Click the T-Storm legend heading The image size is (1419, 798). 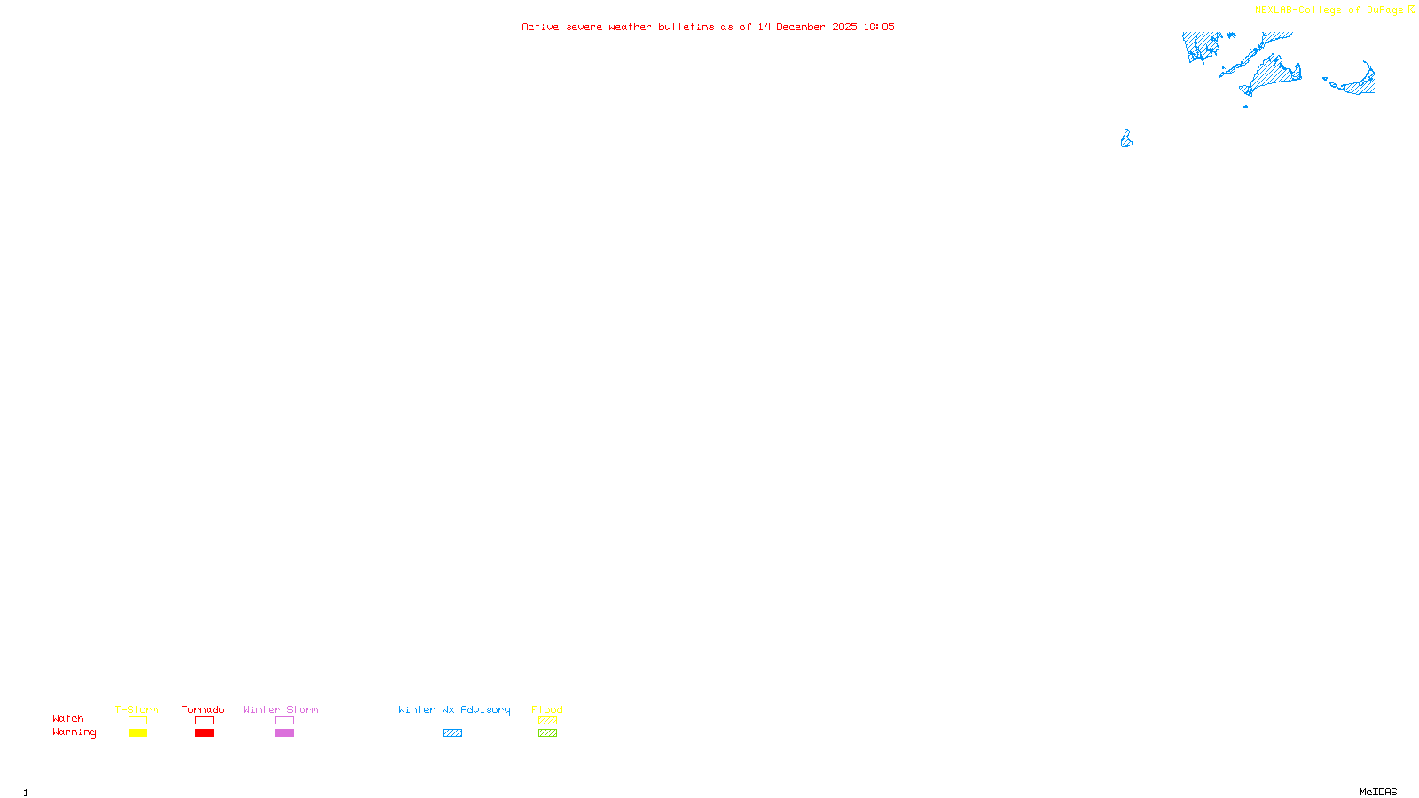(x=137, y=709)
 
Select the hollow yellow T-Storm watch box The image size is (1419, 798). (x=137, y=721)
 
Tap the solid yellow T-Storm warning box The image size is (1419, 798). (x=137, y=733)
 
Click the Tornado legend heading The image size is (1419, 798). (x=203, y=709)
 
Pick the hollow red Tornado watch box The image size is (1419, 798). (x=204, y=721)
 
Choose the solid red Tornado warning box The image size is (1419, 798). (x=204, y=733)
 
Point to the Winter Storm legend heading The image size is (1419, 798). (x=280, y=709)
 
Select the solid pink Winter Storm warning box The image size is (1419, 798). (x=284, y=733)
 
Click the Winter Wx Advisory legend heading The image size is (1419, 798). (x=454, y=709)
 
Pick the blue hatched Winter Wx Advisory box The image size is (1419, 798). (x=452, y=733)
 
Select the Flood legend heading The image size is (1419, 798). (x=547, y=709)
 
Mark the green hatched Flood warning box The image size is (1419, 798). (x=547, y=733)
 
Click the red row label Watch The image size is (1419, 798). (x=68, y=719)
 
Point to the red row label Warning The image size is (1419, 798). (x=74, y=732)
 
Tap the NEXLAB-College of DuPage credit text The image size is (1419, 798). (x=1329, y=11)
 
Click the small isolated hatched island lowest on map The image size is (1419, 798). (x=1126, y=139)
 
